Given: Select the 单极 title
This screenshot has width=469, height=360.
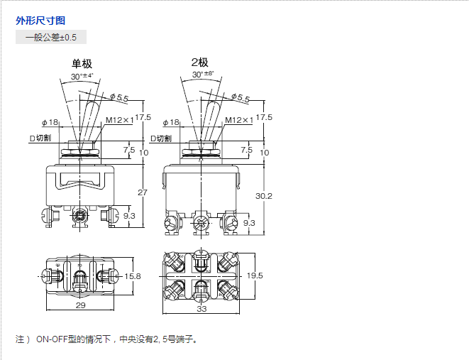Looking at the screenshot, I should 82,63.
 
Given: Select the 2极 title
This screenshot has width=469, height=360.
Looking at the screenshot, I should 199,62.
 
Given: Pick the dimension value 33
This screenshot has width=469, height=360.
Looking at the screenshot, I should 201,310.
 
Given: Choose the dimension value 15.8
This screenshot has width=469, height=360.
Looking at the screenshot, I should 133,276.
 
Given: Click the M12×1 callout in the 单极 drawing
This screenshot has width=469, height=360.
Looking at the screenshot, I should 119,120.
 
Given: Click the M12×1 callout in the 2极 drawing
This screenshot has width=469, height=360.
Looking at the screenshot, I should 238,120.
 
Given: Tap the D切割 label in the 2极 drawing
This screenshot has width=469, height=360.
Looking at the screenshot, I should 160,138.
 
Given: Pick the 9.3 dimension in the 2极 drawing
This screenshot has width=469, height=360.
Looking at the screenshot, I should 249,223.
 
